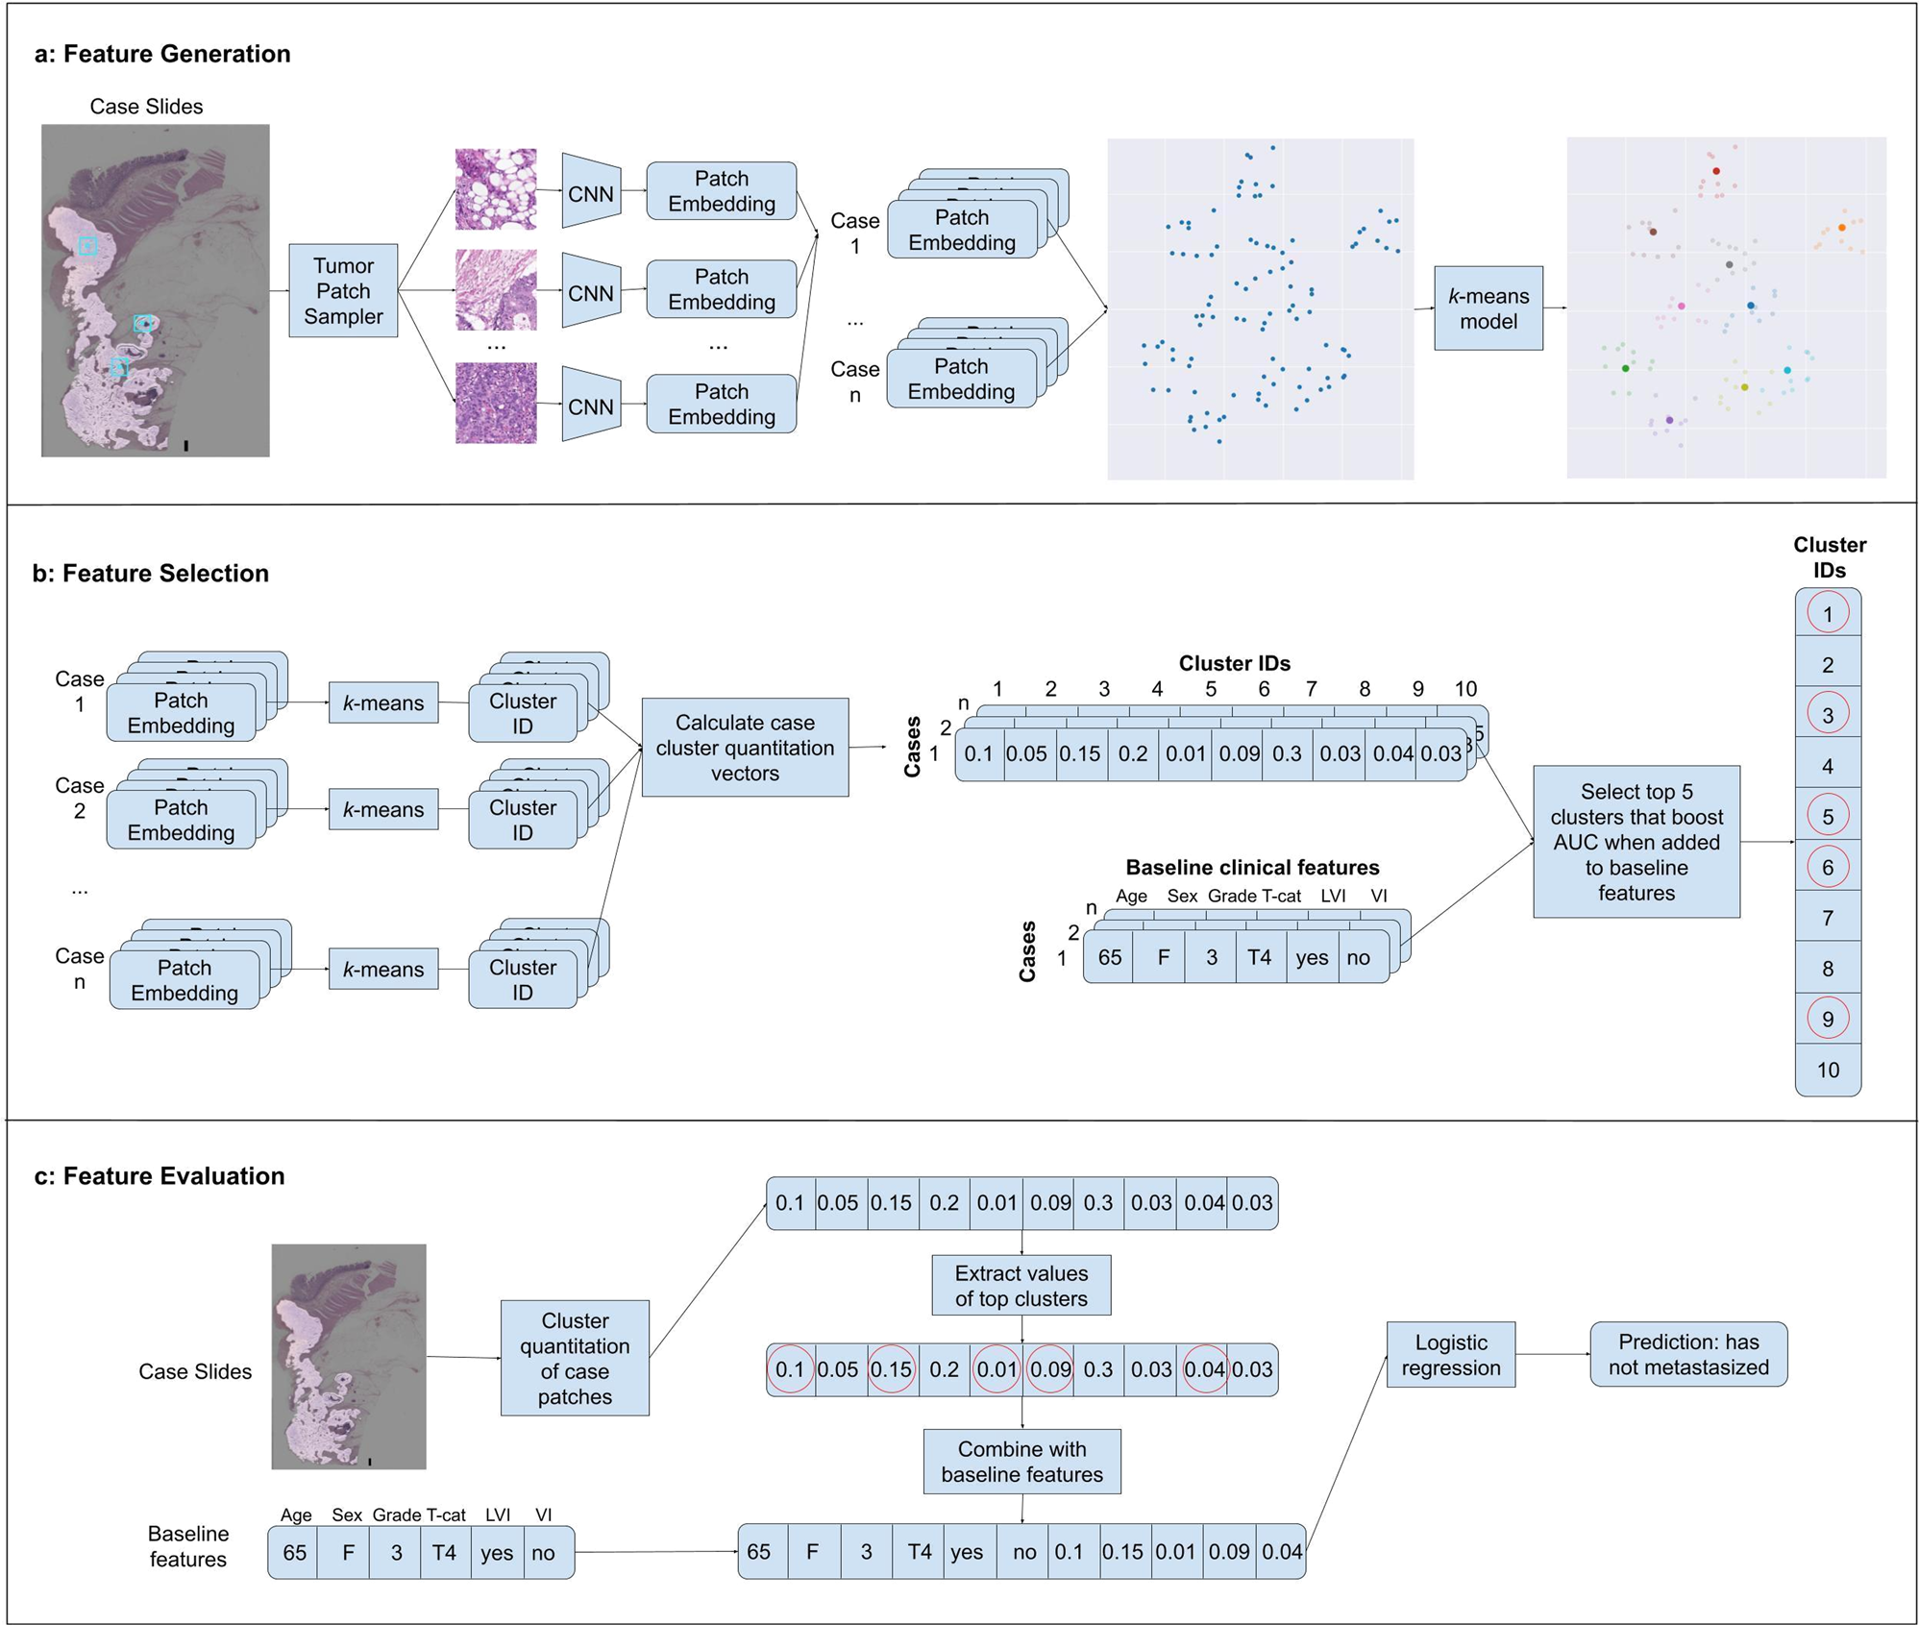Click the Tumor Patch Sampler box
click(x=343, y=290)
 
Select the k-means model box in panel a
click(x=1488, y=308)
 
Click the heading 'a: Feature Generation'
click(x=162, y=54)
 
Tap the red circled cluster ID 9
click(x=1827, y=1020)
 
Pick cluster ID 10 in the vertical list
click(x=1827, y=1070)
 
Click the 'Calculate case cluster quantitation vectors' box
click(x=745, y=748)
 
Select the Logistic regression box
click(x=1450, y=1355)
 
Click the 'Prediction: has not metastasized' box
click(x=1687, y=1354)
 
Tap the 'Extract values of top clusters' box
click(x=1021, y=1286)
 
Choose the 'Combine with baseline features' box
click(x=1021, y=1462)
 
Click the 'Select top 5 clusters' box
click(x=1636, y=842)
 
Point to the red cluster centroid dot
click(x=1716, y=171)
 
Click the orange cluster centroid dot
click(x=1841, y=228)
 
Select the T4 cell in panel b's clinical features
click(x=1259, y=957)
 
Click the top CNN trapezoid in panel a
click(x=590, y=192)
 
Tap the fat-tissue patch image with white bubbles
click(x=496, y=189)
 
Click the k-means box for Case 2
click(x=382, y=809)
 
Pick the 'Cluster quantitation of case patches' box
click(x=575, y=1358)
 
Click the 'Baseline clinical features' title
click(x=1251, y=868)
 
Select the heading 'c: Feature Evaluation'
click(x=160, y=1176)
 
